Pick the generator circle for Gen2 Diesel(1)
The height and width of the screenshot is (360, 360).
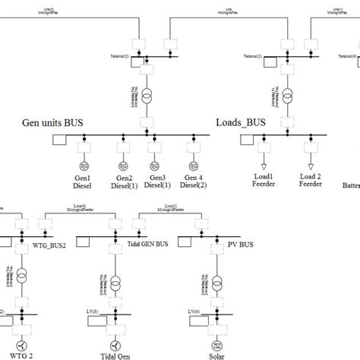coord(120,166)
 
